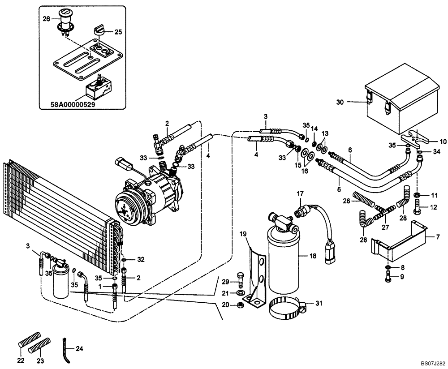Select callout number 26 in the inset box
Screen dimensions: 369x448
(47, 19)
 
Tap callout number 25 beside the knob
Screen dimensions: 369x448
(118, 32)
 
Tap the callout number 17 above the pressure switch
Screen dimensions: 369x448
(300, 193)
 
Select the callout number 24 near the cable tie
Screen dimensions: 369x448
(79, 348)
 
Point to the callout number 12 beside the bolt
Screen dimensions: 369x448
(434, 207)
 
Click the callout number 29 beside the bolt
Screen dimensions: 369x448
(225, 281)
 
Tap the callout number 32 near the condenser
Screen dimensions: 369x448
(141, 260)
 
